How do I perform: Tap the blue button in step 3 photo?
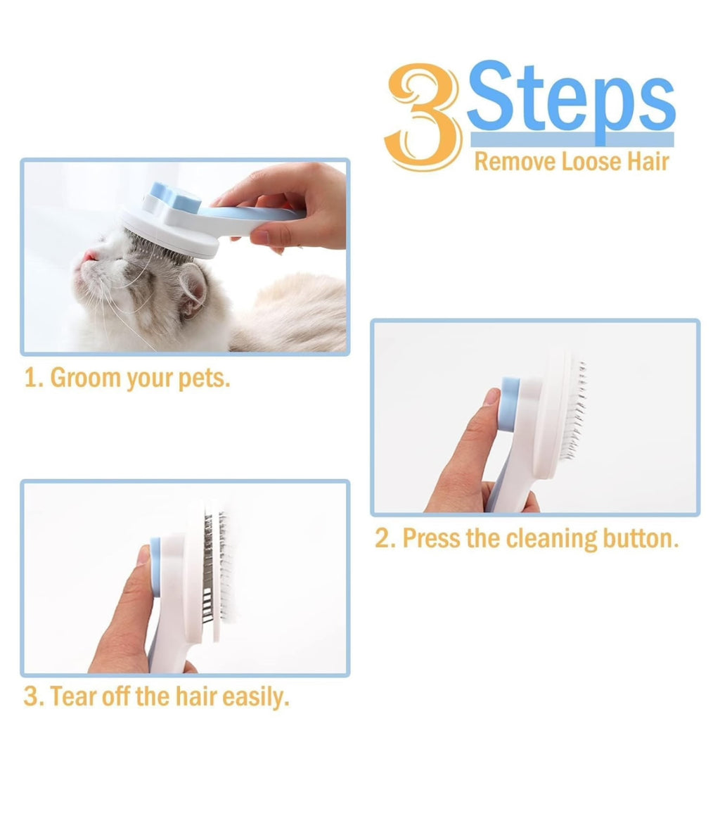(x=155, y=563)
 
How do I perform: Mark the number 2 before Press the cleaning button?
(x=383, y=538)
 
